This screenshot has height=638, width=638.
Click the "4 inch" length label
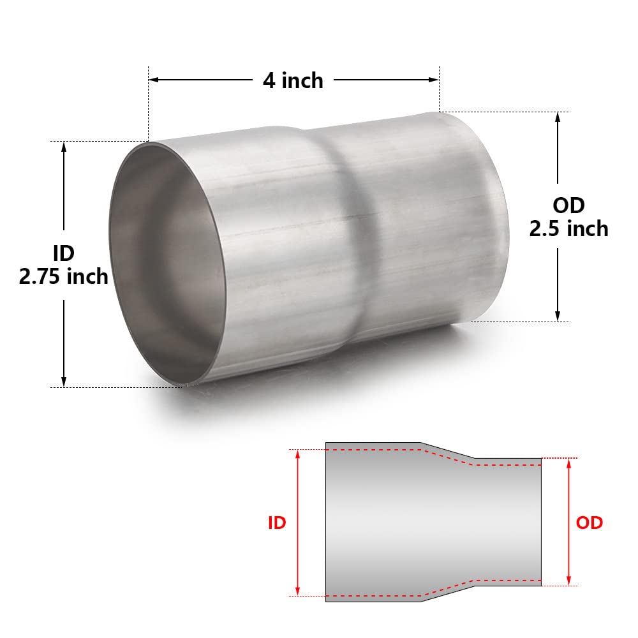click(x=293, y=80)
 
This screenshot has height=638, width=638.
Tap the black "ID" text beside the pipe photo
click(x=63, y=253)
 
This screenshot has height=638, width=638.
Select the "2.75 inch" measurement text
click(x=63, y=276)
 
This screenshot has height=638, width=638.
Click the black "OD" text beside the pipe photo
click(x=568, y=205)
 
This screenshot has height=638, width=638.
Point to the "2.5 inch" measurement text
click(x=568, y=228)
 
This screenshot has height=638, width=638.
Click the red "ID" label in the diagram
click(x=276, y=523)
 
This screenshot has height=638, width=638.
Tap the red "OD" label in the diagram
click(x=589, y=523)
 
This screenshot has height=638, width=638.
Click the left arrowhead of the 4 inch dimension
click(x=154, y=80)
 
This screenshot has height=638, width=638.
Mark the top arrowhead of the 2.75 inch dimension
click(x=64, y=146)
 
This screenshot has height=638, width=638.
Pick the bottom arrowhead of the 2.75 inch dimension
click(x=64, y=382)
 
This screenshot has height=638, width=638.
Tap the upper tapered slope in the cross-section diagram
click(x=447, y=450)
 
